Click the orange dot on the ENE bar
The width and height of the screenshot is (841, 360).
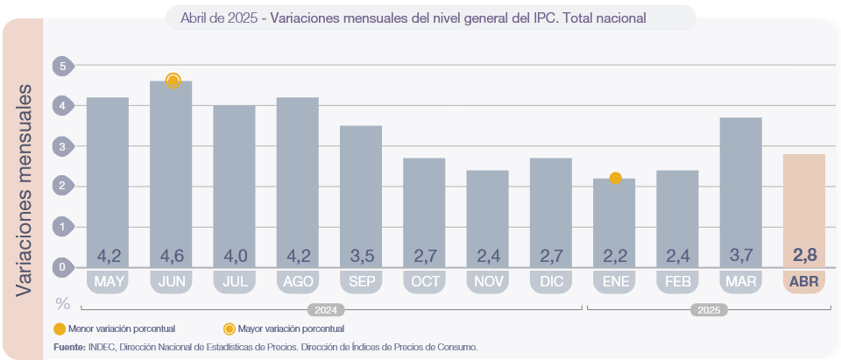pos(615,178)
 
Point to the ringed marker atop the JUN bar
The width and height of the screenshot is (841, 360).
pos(173,81)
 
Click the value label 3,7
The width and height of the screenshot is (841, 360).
pos(740,256)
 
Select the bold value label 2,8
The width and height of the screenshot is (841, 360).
pos(803,256)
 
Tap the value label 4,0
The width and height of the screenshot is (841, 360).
pos(235,256)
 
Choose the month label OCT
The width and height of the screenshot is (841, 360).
pos(424,282)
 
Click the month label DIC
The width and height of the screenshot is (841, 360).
pos(550,282)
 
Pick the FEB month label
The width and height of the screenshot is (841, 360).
pos(677,282)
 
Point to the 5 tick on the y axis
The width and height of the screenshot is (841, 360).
pos(62,66)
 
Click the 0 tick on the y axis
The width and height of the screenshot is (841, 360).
pos(62,266)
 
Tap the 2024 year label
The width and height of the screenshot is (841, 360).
pos(326,310)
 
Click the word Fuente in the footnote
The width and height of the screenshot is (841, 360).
pos(69,348)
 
